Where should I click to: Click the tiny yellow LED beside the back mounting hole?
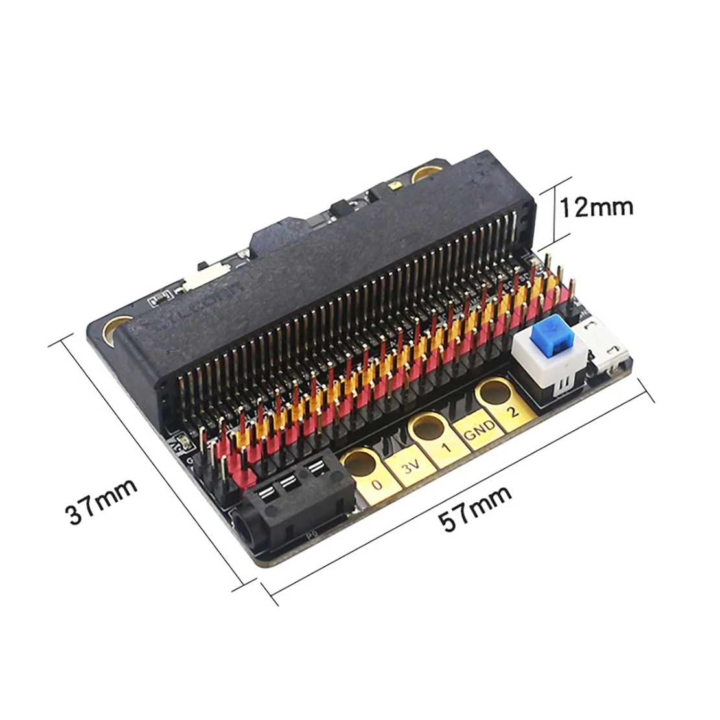[393, 187]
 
